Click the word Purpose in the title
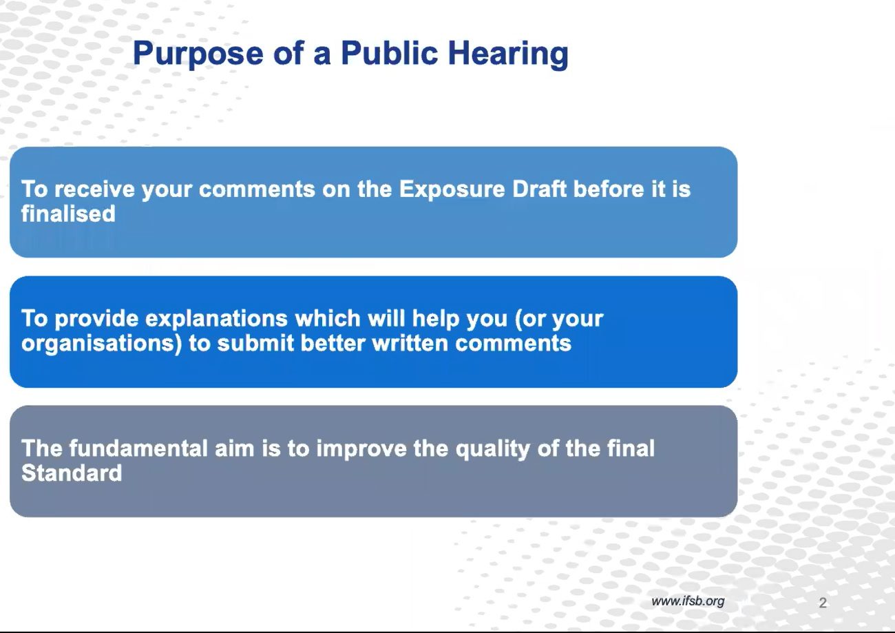pyautogui.click(x=198, y=54)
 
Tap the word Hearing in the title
pyautogui.click(x=508, y=54)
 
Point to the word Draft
pyautogui.click(x=539, y=189)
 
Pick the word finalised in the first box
pyautogui.click(x=68, y=214)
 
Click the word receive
pyautogui.click(x=95, y=189)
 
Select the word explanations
pyautogui.click(x=216, y=319)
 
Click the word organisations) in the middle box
pyautogui.click(x=101, y=344)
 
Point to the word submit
pyautogui.click(x=255, y=343)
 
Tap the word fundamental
pyautogui.click(x=138, y=448)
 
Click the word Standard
pyautogui.click(x=72, y=473)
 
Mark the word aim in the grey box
pyautogui.click(x=235, y=448)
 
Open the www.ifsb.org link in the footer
pyautogui.click(x=688, y=601)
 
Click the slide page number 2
pyautogui.click(x=823, y=602)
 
